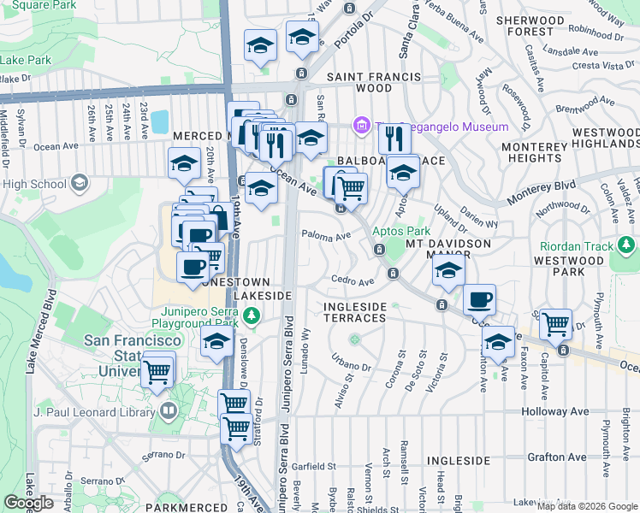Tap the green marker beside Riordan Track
628,246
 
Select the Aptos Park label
400,231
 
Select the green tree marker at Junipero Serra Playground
251,317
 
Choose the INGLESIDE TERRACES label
354,312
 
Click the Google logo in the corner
28,503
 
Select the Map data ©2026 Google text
587,506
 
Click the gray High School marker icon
80,183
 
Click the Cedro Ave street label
353,281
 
